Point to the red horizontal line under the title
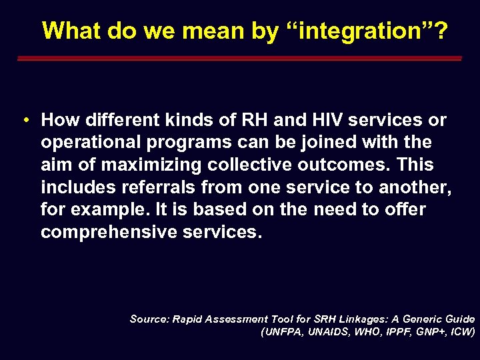pos(239,59)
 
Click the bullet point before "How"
pos(24,121)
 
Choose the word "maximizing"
pos(150,165)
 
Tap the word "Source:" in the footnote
pos(149,319)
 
